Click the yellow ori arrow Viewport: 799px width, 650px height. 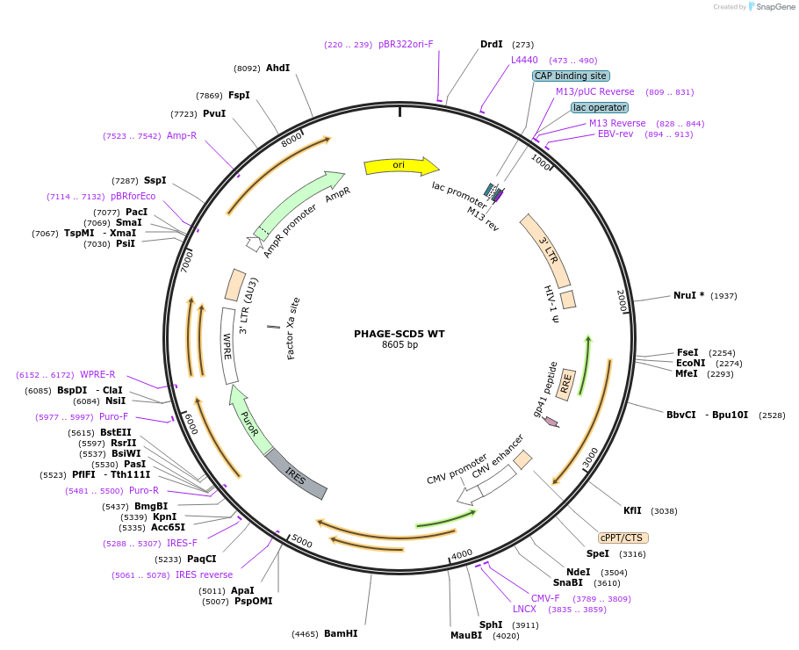401,166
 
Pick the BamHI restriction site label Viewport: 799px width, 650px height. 341,633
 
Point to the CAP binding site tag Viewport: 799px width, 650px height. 571,76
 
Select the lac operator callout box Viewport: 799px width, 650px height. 600,107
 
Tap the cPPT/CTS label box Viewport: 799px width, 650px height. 623,538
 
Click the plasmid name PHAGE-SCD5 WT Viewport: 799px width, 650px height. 399,334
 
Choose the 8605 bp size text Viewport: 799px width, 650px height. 400,344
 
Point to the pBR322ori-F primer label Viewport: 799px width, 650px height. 406,44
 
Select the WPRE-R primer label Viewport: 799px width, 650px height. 97,375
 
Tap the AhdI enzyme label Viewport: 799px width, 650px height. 277,68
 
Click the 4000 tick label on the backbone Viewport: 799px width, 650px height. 462,554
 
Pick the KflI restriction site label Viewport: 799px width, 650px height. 633,511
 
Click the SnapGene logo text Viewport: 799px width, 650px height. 775,7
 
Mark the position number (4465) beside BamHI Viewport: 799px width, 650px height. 305,634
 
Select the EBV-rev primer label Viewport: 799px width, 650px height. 615,134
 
